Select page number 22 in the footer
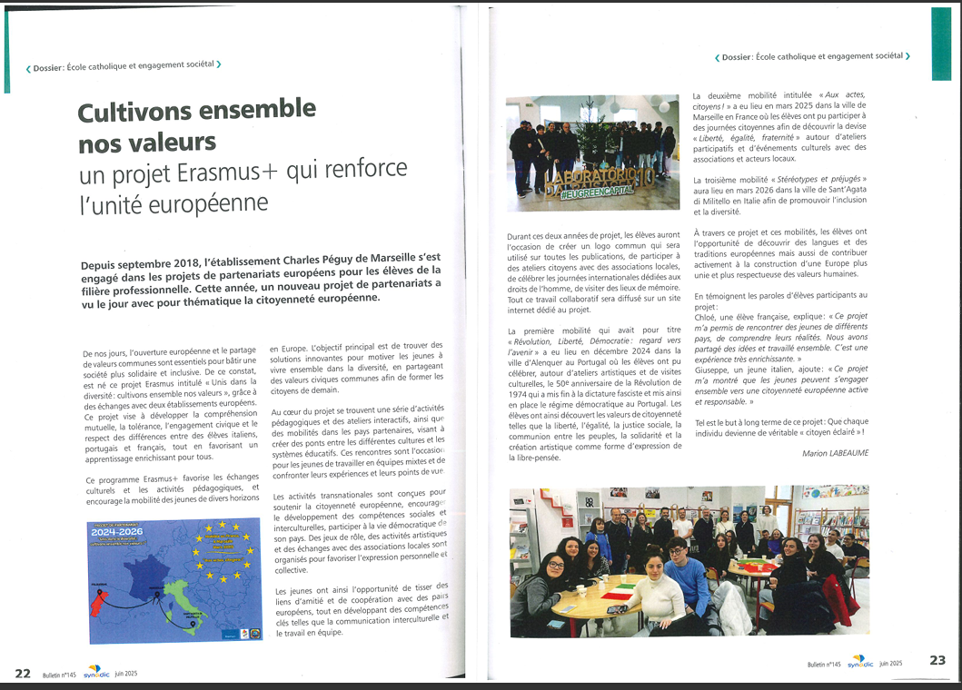(23, 673)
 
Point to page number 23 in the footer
(937, 661)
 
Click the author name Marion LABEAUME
(835, 452)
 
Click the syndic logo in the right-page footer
(859, 663)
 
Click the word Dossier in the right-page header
(736, 57)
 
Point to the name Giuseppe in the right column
(715, 370)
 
